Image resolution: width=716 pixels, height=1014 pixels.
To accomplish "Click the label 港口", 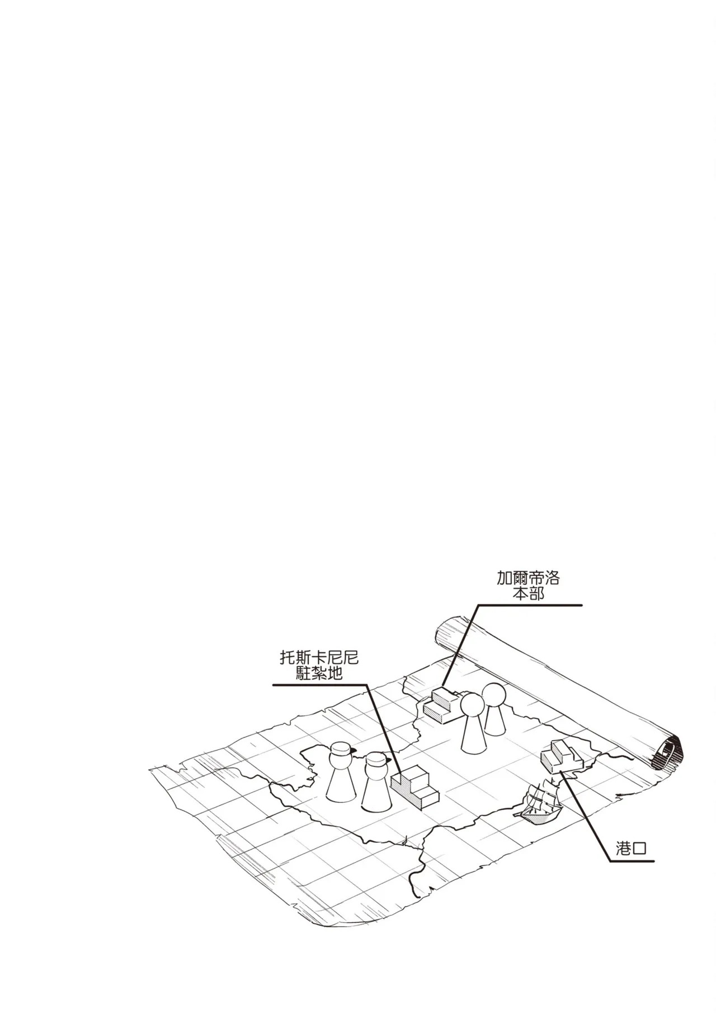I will (631, 864).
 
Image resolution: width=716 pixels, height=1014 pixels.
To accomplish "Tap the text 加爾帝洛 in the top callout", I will (528, 578).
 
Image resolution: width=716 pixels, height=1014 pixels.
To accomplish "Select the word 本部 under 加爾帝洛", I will (528, 593).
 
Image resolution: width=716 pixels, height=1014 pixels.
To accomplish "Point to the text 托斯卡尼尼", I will (319, 658).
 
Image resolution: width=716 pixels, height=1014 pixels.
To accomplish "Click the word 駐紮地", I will (319, 674).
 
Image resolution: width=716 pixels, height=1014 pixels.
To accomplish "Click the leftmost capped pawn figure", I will (339, 778).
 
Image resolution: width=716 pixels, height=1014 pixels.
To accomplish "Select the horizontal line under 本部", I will (529, 605).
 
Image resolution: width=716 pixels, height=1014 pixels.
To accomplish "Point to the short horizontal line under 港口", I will (631, 876).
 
